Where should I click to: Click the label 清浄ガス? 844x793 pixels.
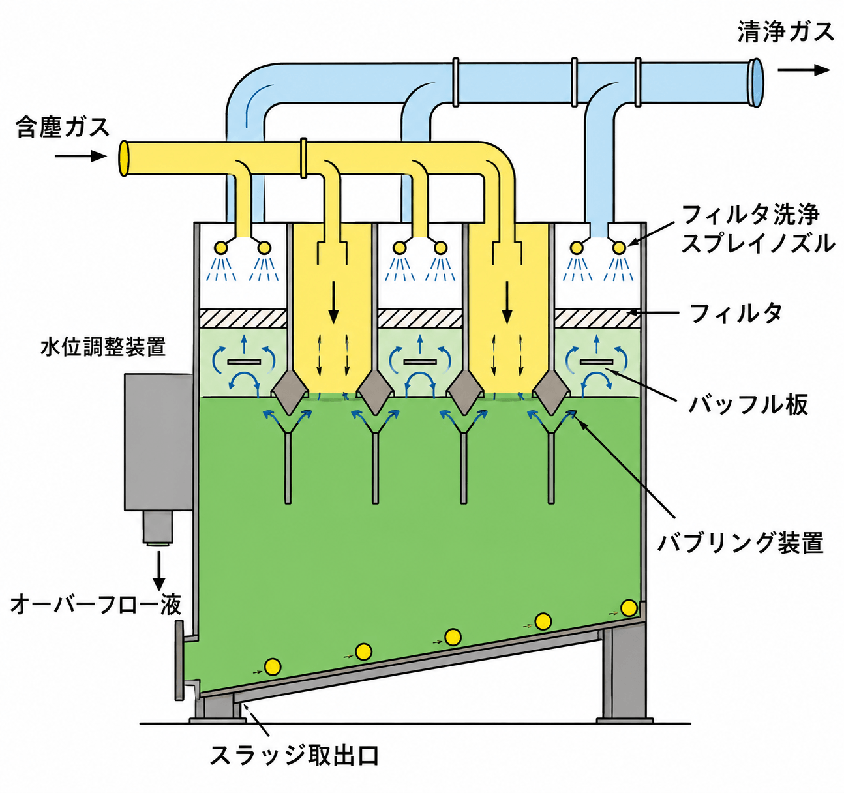[x=785, y=32]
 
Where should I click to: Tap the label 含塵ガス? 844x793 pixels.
[x=62, y=127]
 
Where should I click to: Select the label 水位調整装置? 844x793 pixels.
[x=103, y=347]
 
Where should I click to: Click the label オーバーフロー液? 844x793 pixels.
[x=97, y=605]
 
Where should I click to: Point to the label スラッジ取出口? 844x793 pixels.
[x=295, y=755]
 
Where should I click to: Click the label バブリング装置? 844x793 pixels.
[x=740, y=542]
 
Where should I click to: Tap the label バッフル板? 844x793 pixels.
[x=748, y=404]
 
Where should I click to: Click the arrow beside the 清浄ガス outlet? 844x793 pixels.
[x=804, y=70]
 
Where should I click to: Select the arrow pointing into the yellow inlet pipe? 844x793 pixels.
[x=81, y=157]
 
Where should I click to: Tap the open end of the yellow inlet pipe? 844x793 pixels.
[x=124, y=158]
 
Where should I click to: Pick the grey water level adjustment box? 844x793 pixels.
[x=158, y=442]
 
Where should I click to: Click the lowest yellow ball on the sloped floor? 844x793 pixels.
[x=273, y=666]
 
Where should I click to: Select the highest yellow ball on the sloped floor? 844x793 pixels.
[x=629, y=607]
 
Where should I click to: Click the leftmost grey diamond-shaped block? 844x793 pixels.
[x=290, y=391]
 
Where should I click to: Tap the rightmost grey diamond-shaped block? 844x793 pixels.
[x=551, y=391]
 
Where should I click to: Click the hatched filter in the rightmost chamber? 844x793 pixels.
[x=597, y=318]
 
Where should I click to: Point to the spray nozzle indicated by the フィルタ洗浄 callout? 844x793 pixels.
[x=619, y=247]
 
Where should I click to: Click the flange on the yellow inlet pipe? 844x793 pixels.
[x=303, y=158]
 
